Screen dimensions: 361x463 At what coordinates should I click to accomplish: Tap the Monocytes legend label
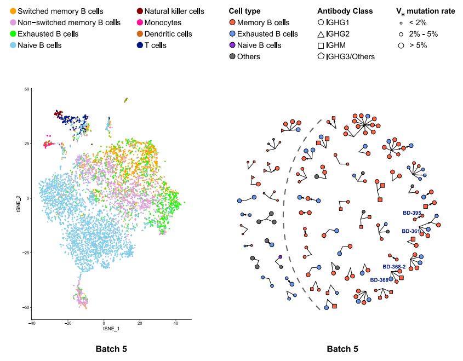[x=163, y=22]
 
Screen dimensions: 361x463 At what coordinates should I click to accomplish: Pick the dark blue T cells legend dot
[x=140, y=45]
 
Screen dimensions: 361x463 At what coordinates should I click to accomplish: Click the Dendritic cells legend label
[x=168, y=34]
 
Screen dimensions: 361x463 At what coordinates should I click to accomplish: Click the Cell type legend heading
[x=244, y=11]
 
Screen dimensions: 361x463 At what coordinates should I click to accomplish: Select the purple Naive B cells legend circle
[x=232, y=45]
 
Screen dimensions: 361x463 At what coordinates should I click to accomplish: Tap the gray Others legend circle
[x=232, y=56]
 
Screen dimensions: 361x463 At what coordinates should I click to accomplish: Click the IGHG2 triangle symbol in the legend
[x=321, y=34]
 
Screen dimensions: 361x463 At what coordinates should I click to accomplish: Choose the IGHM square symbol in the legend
[x=321, y=45]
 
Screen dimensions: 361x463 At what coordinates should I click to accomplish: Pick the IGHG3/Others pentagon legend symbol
[x=321, y=56]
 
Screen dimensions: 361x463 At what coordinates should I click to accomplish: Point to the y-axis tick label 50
[x=27, y=89]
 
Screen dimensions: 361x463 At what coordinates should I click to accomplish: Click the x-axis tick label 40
[x=176, y=324]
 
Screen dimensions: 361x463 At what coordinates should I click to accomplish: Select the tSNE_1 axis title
[x=112, y=330]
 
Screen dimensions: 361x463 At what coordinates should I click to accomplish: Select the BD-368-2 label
[x=394, y=267]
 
